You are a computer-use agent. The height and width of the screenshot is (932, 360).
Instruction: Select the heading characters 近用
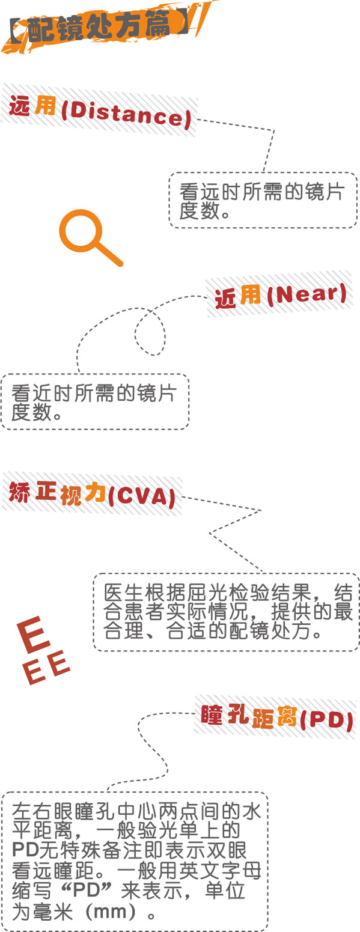coord(237,297)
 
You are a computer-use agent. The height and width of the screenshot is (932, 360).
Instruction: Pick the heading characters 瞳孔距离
coord(248,716)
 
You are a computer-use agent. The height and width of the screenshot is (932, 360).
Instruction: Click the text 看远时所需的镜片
coord(262,192)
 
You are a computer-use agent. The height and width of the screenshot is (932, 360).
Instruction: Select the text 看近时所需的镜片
coord(94,393)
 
